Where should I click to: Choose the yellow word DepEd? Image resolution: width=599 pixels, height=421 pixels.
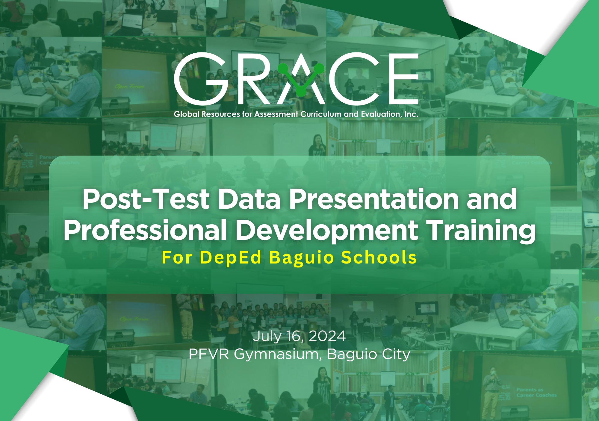pyautogui.click(x=231, y=258)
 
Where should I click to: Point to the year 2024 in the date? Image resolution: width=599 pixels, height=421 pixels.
pyautogui.click(x=327, y=336)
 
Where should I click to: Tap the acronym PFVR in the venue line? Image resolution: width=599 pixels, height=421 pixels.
pyautogui.click(x=209, y=354)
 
